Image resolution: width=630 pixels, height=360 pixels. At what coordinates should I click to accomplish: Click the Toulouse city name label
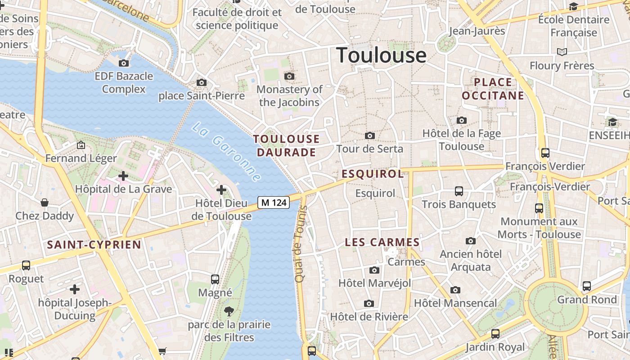381,55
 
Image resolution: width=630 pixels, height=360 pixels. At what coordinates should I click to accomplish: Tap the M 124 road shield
274,202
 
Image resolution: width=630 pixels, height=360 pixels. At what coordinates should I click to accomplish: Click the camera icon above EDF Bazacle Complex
124,63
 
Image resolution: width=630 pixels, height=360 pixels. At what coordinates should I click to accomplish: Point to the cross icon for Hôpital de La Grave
123,176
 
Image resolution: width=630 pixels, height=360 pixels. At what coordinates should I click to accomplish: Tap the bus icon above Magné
215,279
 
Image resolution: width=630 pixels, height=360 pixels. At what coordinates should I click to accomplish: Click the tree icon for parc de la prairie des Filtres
229,311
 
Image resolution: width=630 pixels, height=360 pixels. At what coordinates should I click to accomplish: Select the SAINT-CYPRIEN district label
94,245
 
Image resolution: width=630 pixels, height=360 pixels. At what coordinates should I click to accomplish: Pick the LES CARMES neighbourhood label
382,243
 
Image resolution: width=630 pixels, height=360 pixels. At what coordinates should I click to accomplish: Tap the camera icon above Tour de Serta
370,135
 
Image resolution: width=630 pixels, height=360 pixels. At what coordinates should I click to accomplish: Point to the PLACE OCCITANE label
493,89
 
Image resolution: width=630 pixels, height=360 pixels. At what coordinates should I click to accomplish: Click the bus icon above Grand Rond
587,286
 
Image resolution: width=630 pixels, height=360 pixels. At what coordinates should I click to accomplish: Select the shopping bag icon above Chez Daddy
45,202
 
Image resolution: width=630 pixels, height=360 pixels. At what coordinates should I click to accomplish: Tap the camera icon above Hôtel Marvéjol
374,270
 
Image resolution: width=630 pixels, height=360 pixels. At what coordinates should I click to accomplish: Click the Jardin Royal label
495,347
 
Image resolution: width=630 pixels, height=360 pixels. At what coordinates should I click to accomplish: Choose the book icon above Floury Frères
562,52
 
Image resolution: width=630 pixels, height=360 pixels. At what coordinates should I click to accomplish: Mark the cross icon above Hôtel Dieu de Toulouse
221,190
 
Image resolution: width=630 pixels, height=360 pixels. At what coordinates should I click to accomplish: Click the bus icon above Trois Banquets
459,191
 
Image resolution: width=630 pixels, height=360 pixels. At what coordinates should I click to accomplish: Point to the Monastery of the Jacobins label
289,96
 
